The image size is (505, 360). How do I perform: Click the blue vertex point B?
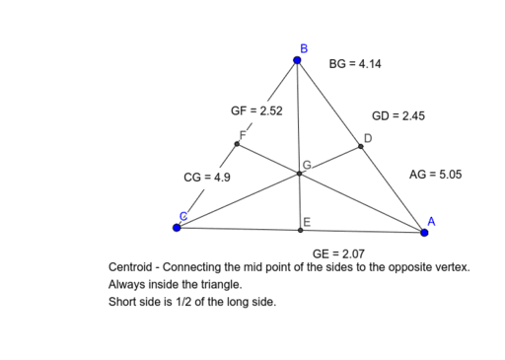tap(299, 60)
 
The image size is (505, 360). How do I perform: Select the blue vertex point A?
tap(425, 233)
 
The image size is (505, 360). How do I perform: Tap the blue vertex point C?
tap(177, 227)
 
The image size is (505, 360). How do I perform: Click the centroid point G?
tap(300, 174)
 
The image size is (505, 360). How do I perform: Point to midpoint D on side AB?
tap(361, 146)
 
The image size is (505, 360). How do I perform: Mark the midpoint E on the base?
tap(301, 230)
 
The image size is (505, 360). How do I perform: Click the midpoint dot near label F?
tap(237, 143)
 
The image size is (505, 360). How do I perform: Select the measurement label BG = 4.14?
tap(355, 64)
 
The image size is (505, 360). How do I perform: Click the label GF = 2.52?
tap(256, 111)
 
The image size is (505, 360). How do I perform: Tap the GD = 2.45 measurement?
tap(397, 115)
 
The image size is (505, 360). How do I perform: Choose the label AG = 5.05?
tap(435, 175)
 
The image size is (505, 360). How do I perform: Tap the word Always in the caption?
tap(127, 284)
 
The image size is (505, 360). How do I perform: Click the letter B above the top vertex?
tap(303, 47)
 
